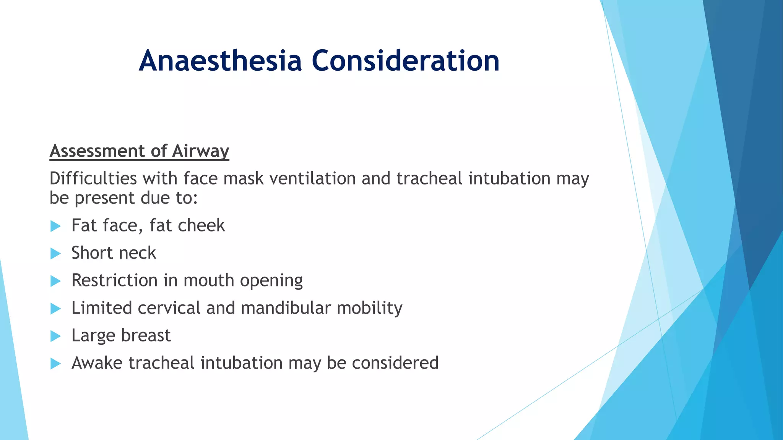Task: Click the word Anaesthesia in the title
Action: pyautogui.click(x=221, y=61)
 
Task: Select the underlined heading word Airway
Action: pyautogui.click(x=200, y=151)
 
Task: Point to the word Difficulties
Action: pyautogui.click(x=93, y=179)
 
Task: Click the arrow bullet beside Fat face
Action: pyautogui.click(x=55, y=226)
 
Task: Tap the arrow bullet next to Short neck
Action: pyautogui.click(x=55, y=254)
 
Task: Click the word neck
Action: pyautogui.click(x=137, y=253)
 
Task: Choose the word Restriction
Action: pyautogui.click(x=114, y=281)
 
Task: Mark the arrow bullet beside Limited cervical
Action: pyautogui.click(x=55, y=309)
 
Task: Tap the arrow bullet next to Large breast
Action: pyautogui.click(x=55, y=336)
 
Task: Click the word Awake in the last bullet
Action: pyautogui.click(x=97, y=363)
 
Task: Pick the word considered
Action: pyautogui.click(x=395, y=363)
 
